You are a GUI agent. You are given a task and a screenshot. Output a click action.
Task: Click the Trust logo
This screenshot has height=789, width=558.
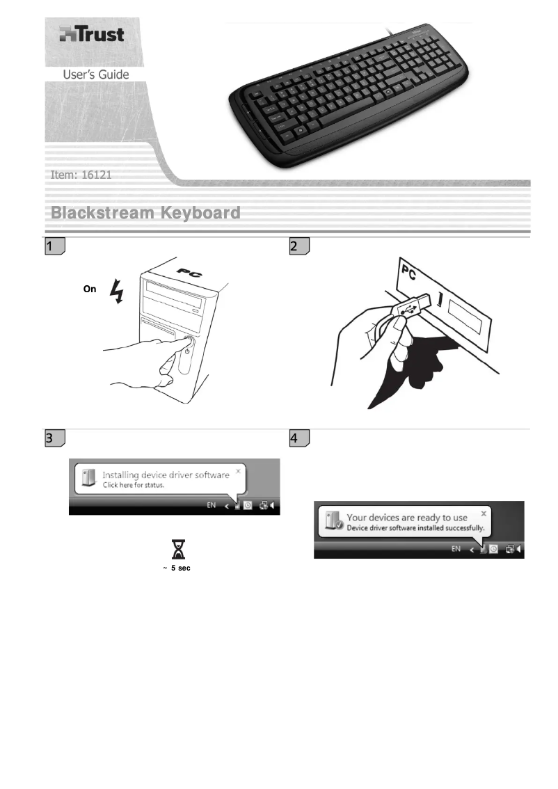point(91,34)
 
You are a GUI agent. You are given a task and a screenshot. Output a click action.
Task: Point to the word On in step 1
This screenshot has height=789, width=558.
point(90,289)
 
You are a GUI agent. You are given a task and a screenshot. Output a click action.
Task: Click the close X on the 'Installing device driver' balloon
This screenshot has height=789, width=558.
point(238,471)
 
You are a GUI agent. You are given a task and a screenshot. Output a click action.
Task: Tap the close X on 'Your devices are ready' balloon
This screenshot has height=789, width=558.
point(484,513)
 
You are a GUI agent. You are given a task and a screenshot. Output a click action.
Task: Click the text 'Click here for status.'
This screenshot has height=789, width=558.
point(134,485)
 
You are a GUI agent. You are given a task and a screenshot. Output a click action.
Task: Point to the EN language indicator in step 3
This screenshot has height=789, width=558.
point(212,506)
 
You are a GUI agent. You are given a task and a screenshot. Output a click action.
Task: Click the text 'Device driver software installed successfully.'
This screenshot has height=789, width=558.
point(415,528)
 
